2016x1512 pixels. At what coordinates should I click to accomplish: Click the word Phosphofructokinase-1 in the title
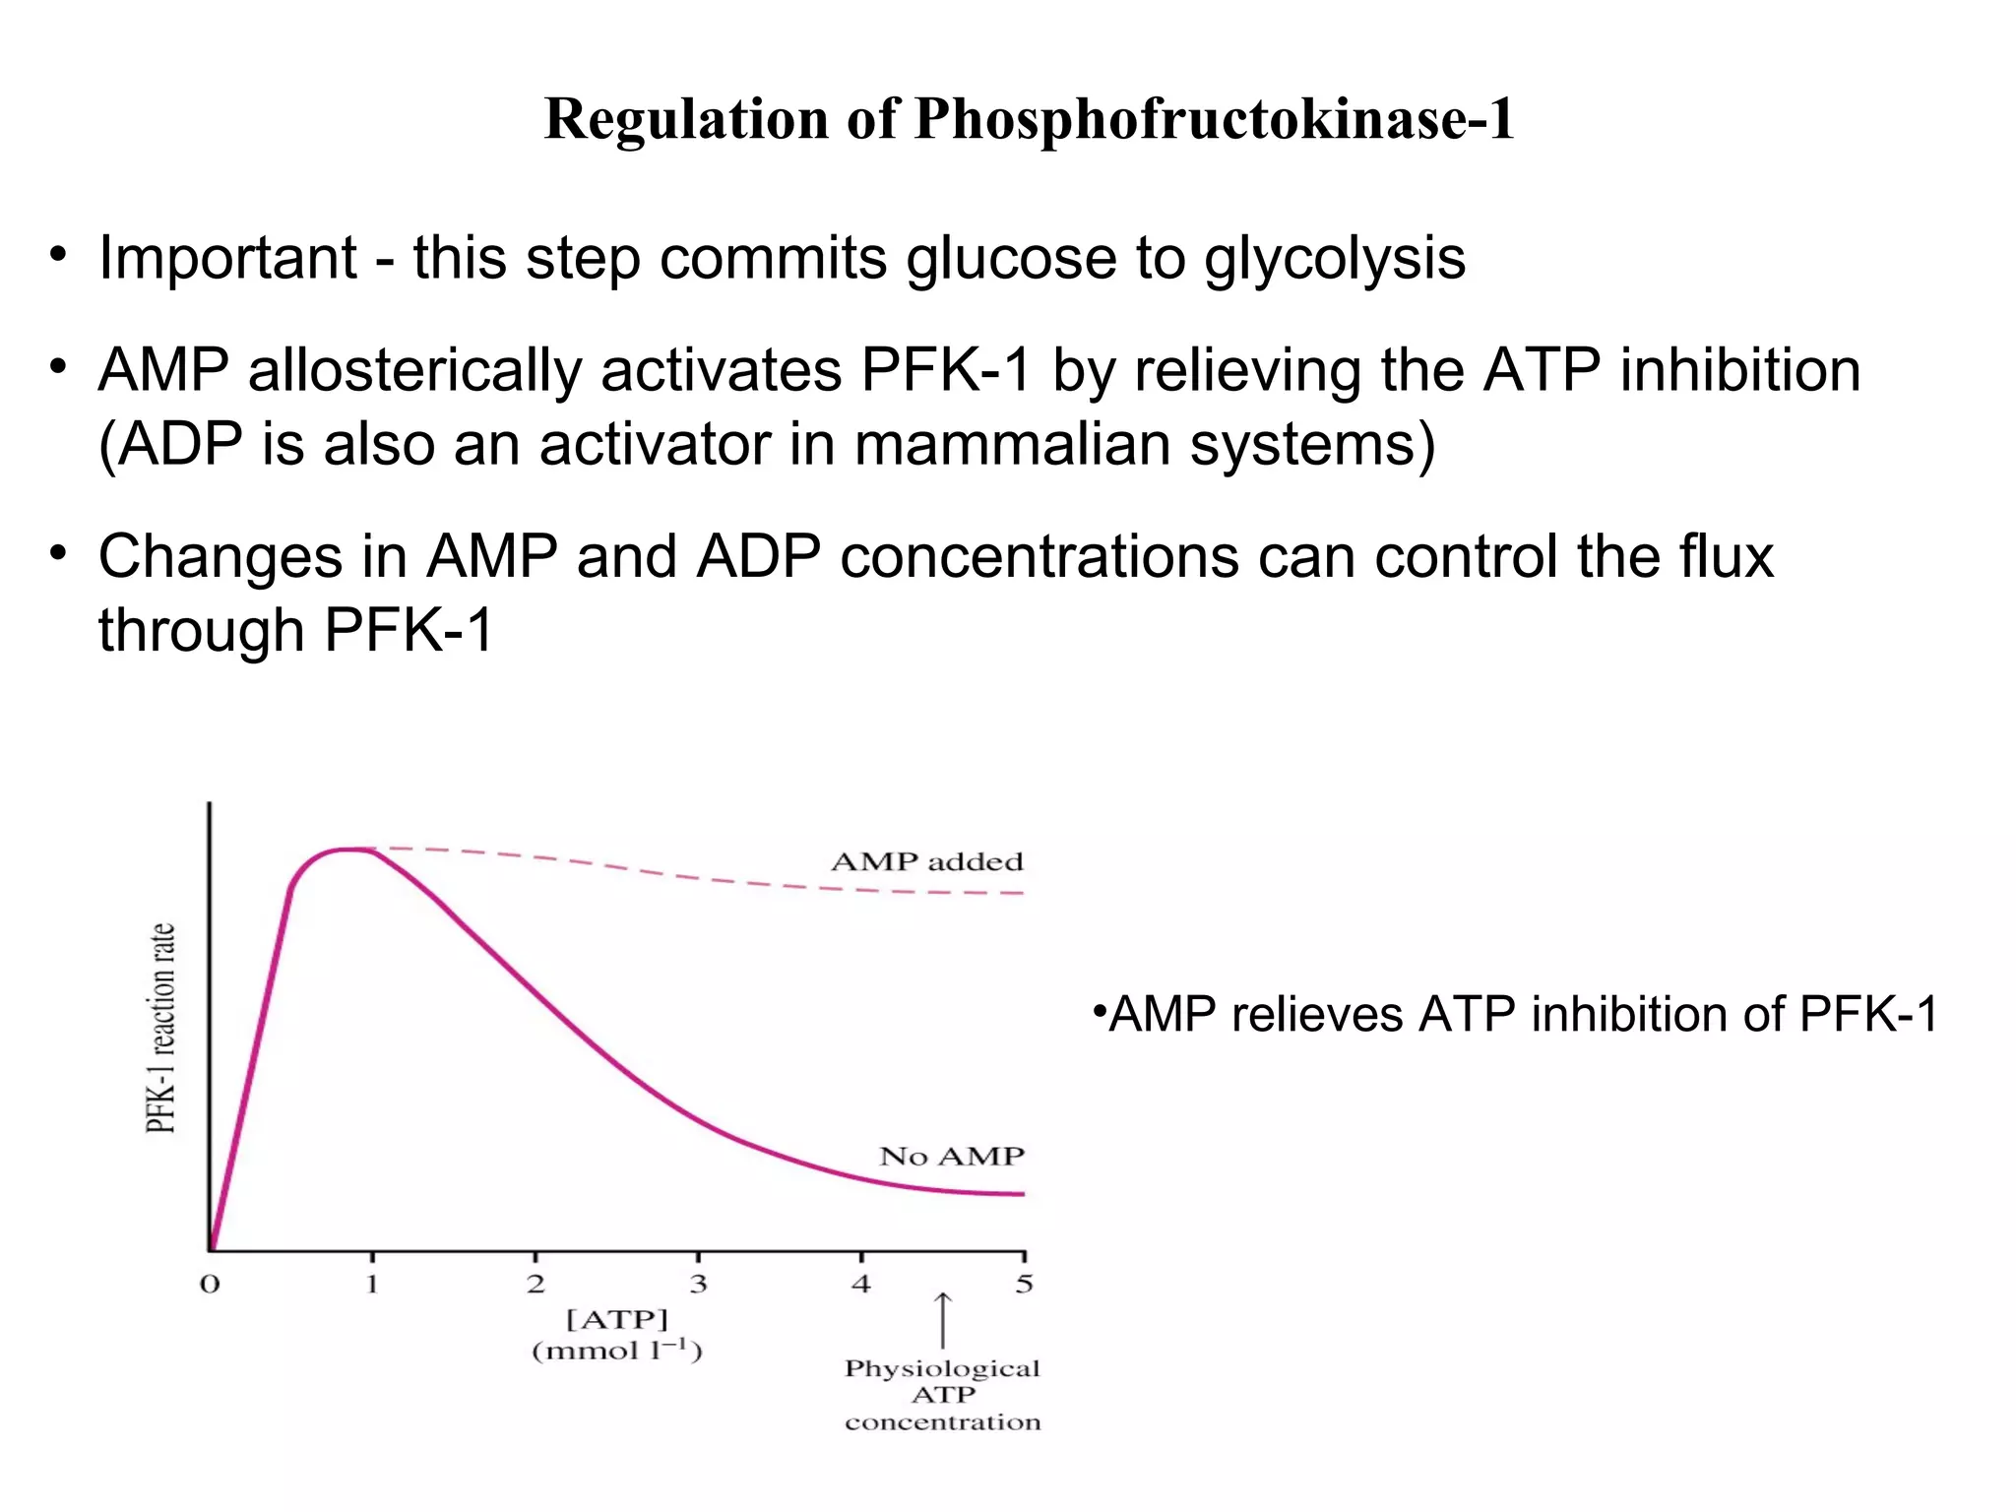point(1215,120)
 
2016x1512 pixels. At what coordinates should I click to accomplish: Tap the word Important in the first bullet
point(227,258)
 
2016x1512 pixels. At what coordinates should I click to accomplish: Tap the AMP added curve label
point(927,862)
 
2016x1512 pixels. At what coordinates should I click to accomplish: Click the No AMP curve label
point(951,1156)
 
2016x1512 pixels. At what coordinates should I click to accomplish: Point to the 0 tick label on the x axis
point(210,1285)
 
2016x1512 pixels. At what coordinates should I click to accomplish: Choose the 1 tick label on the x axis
point(372,1285)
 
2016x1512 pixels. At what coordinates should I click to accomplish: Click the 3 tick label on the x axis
point(698,1285)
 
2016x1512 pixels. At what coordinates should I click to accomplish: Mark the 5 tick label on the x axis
point(1024,1285)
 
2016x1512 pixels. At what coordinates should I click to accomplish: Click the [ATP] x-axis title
point(617,1319)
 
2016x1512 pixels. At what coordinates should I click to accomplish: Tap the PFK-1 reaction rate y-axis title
point(160,1028)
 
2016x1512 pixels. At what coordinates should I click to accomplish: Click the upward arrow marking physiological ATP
point(942,1320)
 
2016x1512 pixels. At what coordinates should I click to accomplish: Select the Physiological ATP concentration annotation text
point(942,1395)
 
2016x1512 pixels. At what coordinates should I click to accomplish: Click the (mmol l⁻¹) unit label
point(617,1351)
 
